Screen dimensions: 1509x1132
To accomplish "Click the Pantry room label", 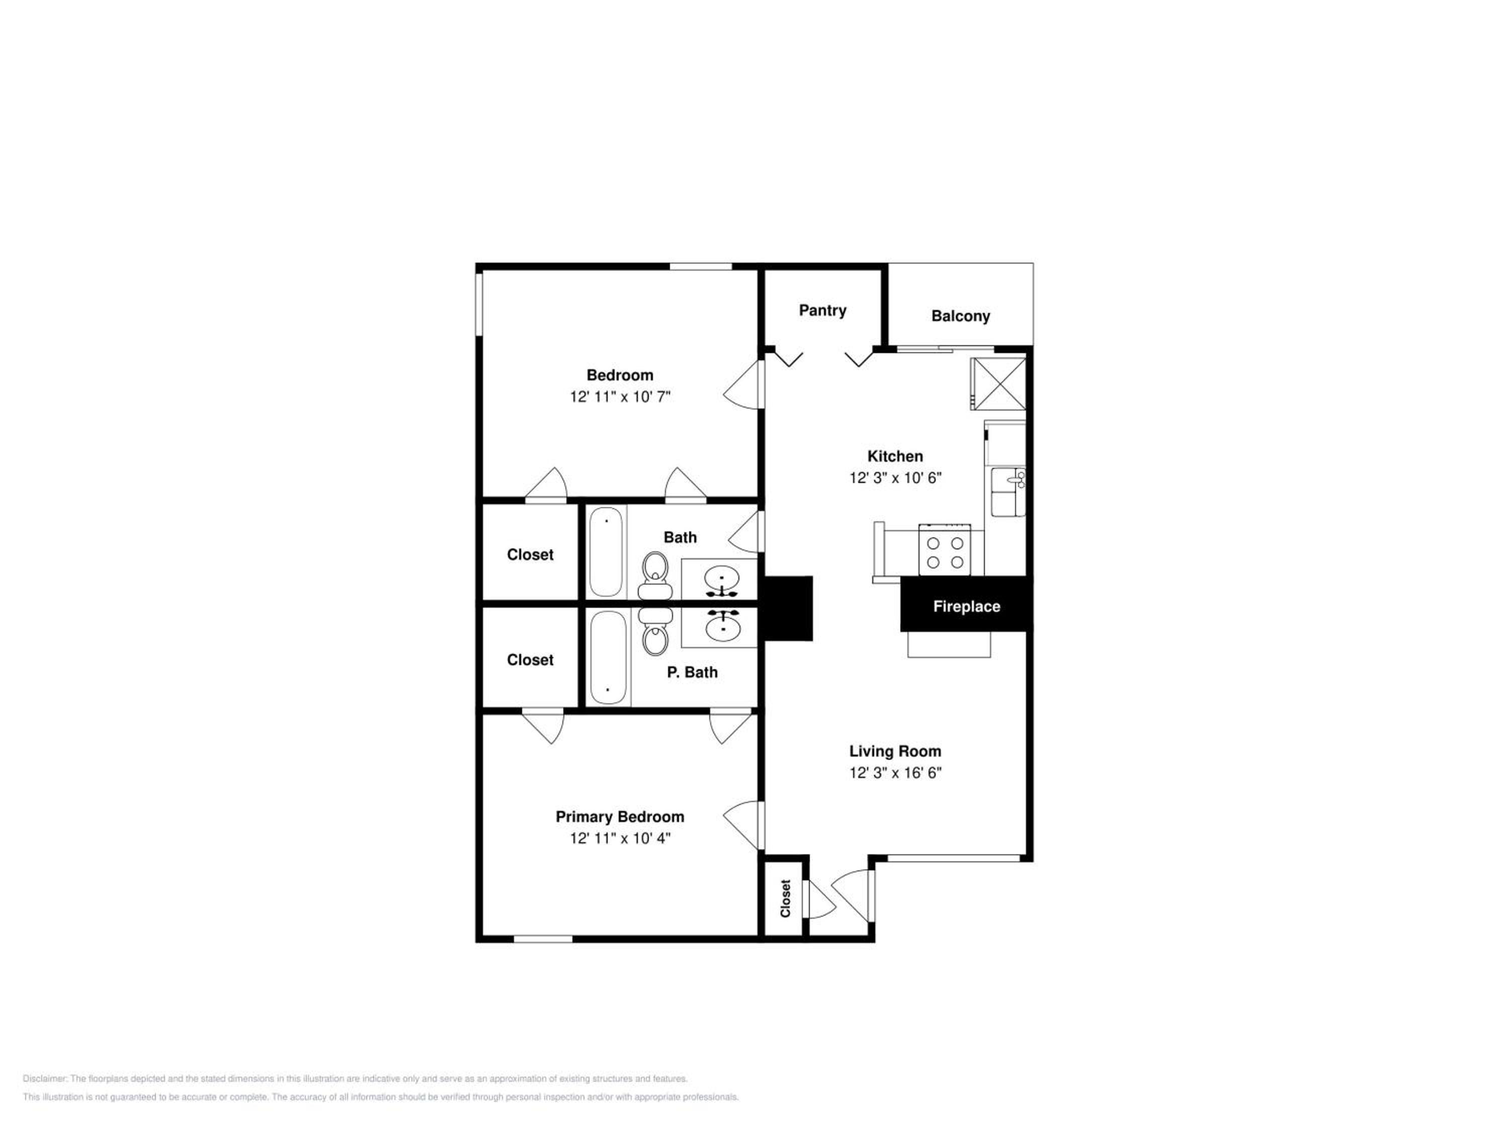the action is click(823, 310).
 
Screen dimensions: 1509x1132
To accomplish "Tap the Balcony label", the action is click(961, 316).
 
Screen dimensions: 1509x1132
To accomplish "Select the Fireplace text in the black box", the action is click(967, 607).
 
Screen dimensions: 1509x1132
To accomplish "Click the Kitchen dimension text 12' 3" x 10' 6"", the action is click(895, 477).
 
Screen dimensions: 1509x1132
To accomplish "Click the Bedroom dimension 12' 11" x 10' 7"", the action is click(620, 396).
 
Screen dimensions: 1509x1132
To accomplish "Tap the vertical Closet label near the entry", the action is click(785, 898).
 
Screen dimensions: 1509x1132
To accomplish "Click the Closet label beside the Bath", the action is click(530, 555).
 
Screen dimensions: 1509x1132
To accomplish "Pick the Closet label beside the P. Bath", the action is click(530, 660).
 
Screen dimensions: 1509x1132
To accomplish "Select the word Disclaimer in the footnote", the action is click(45, 1079).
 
